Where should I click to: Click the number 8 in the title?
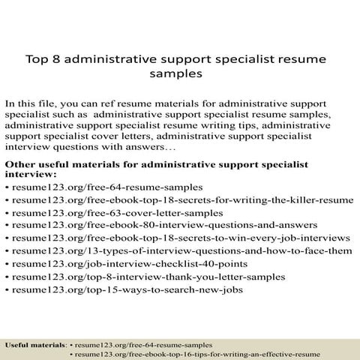pos(53,58)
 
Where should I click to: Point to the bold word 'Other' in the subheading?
pos(20,160)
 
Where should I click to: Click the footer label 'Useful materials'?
pos(35,344)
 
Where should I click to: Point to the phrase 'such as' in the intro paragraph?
pos(73,116)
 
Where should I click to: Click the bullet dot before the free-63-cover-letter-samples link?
pos(7,214)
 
